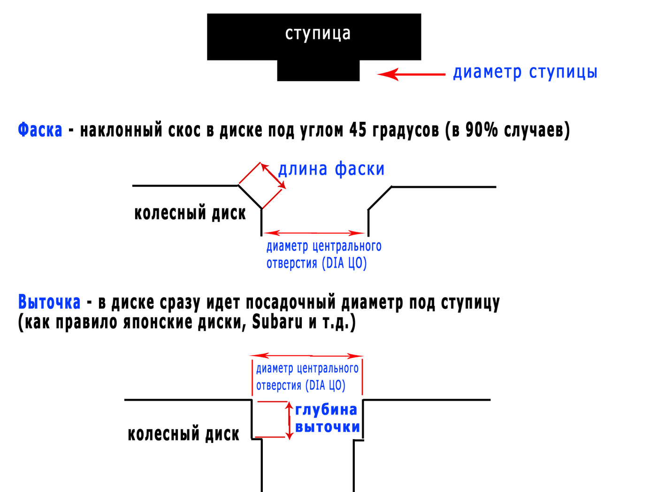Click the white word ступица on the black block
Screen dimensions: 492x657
(x=318, y=34)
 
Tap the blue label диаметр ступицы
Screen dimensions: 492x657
(x=525, y=72)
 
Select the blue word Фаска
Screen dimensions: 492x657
(x=40, y=130)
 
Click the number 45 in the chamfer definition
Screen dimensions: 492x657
(x=358, y=130)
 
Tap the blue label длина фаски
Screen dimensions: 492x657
(x=331, y=169)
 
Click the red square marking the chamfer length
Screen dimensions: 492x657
(x=261, y=186)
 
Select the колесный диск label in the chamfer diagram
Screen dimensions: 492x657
(x=190, y=213)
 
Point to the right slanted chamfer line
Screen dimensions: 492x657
(x=380, y=198)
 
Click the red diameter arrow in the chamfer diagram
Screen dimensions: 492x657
(x=313, y=232)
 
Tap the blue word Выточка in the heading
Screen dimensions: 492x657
(x=49, y=302)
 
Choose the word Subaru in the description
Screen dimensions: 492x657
(x=277, y=322)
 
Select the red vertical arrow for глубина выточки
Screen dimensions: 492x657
(x=290, y=420)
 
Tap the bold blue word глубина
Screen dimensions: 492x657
(x=326, y=410)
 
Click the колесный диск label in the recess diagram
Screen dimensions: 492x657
(x=183, y=434)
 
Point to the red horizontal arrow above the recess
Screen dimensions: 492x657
(x=307, y=356)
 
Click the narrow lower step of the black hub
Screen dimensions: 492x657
(x=318, y=71)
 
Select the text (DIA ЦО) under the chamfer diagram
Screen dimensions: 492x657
(x=344, y=263)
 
